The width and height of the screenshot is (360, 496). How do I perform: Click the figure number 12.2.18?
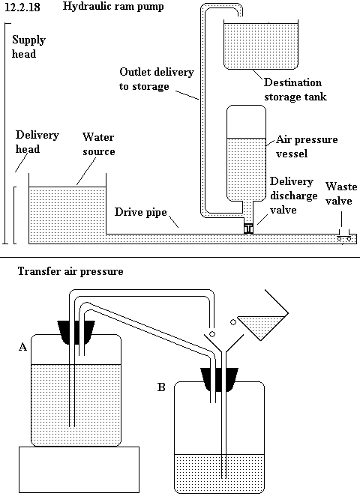click(22, 7)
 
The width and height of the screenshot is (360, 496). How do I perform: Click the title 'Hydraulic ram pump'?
click(113, 7)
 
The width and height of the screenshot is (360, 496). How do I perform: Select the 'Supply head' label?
click(28, 46)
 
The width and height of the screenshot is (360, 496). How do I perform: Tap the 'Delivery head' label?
click(37, 142)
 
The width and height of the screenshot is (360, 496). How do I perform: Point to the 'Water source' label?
click(98, 144)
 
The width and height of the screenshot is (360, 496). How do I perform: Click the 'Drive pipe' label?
click(140, 212)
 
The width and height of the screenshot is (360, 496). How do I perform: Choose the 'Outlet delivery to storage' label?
click(157, 79)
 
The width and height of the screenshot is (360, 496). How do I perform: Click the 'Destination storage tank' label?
click(295, 89)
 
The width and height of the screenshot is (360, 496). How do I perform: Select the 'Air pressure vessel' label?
click(307, 146)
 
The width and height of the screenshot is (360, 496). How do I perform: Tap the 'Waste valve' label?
click(341, 193)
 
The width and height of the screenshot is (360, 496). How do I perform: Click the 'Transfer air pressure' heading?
click(70, 271)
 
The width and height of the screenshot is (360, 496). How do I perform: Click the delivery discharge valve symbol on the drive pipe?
click(248, 229)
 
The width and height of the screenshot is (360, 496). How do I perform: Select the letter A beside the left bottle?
click(22, 347)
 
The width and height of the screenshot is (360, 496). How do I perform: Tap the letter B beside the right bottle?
click(161, 387)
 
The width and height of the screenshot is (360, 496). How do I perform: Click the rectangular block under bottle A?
click(79, 470)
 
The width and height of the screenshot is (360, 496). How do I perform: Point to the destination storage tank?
click(261, 45)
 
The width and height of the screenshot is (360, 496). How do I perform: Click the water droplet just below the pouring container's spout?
click(233, 322)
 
